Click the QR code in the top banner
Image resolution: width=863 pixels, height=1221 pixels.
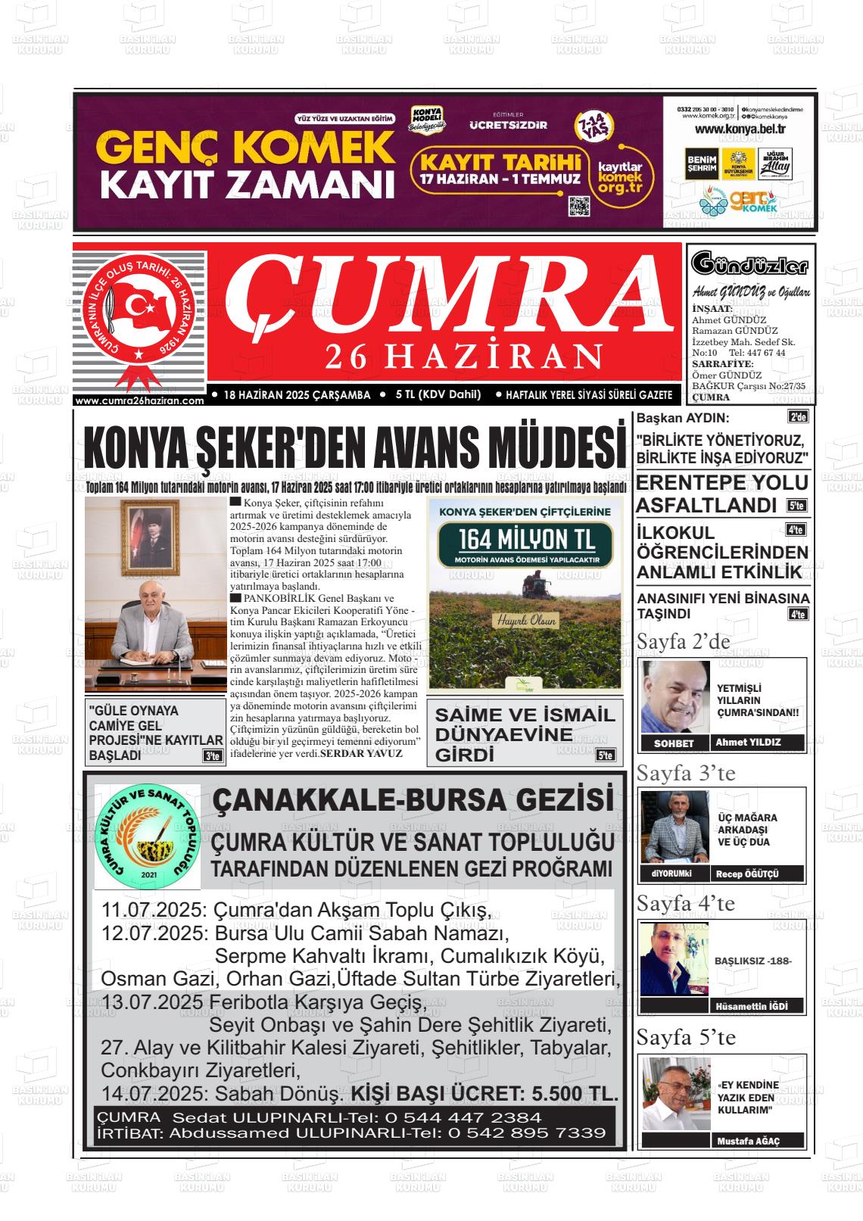(x=579, y=206)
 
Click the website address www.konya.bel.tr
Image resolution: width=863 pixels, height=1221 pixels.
(x=740, y=129)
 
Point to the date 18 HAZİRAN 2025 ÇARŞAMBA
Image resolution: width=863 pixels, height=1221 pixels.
(x=297, y=394)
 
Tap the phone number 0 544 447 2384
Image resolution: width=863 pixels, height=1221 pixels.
(x=463, y=1117)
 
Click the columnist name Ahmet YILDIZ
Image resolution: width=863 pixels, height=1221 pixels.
(x=748, y=743)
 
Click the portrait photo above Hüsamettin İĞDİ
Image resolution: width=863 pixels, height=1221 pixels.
(x=674, y=960)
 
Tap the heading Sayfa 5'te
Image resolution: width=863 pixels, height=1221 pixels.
(x=686, y=1037)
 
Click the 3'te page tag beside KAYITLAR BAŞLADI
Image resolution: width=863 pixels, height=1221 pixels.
(x=213, y=755)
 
